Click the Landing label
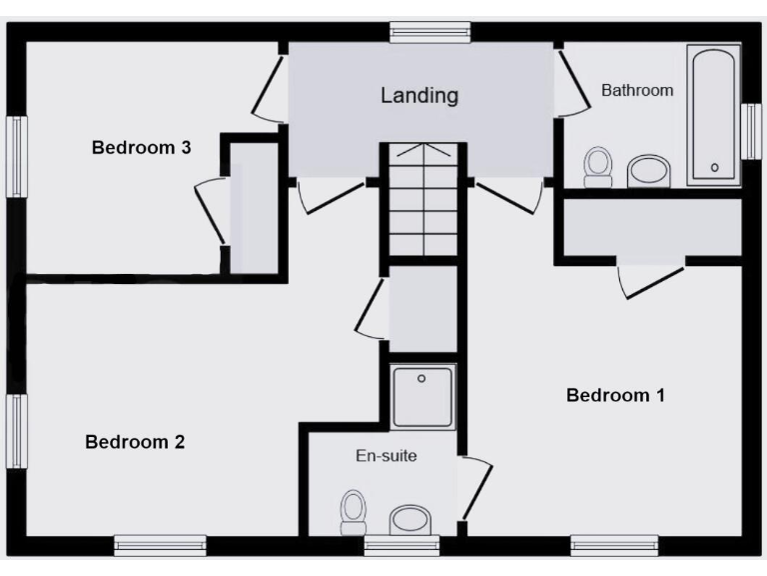click(419, 96)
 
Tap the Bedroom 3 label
click(142, 148)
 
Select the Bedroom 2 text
click(135, 441)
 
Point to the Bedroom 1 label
click(615, 395)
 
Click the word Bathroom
click(637, 90)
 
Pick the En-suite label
click(386, 456)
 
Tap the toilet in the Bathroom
click(598, 166)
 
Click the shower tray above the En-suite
click(422, 396)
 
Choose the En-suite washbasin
click(409, 519)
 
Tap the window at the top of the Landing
click(429, 31)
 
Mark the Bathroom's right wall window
click(751, 131)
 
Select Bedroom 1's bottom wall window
click(614, 545)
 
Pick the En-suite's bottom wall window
click(401, 545)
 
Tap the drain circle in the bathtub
click(714, 167)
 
